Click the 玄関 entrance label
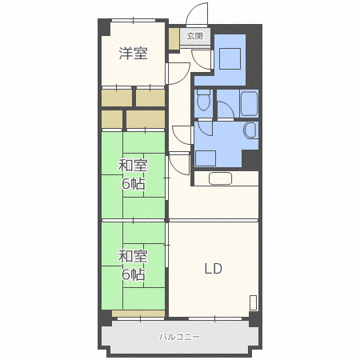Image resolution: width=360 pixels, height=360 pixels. pos(194,36)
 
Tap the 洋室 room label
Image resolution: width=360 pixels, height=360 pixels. pos(133,53)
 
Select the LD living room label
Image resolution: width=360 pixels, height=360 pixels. pos(213,269)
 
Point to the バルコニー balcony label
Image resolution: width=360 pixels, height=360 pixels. pos(179,337)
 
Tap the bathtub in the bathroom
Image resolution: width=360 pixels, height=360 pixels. pos(249,104)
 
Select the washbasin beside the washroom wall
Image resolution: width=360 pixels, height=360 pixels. pos(251,130)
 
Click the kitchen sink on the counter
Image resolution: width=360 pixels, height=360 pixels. pos(220,178)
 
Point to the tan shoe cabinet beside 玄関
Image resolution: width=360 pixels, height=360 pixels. pos(174,38)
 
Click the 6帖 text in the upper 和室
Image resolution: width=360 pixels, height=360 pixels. pos(134,184)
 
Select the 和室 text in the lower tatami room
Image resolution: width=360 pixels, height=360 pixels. pos(133,256)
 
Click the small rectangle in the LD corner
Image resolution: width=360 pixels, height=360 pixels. pos(254,302)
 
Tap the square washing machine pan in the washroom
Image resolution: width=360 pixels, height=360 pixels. pos(206,158)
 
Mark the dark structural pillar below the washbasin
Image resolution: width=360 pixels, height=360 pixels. pos(250,159)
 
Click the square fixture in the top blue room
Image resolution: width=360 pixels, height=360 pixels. pos(230,58)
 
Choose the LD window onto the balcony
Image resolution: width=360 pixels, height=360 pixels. pos(215,318)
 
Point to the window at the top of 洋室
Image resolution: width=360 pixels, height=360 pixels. pos(134,20)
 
